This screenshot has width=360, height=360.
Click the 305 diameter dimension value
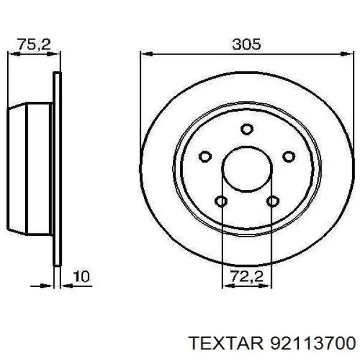click(x=246, y=44)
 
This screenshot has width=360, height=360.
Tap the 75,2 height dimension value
click(x=33, y=44)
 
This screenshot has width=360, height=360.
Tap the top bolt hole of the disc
click(x=247, y=128)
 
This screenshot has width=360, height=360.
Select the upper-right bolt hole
click(x=289, y=157)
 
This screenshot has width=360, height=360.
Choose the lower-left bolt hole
click(x=221, y=201)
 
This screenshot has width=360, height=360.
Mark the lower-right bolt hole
click(x=273, y=201)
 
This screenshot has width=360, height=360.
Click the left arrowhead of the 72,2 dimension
click(x=226, y=284)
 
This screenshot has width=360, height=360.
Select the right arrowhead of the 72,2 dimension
click(x=268, y=284)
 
